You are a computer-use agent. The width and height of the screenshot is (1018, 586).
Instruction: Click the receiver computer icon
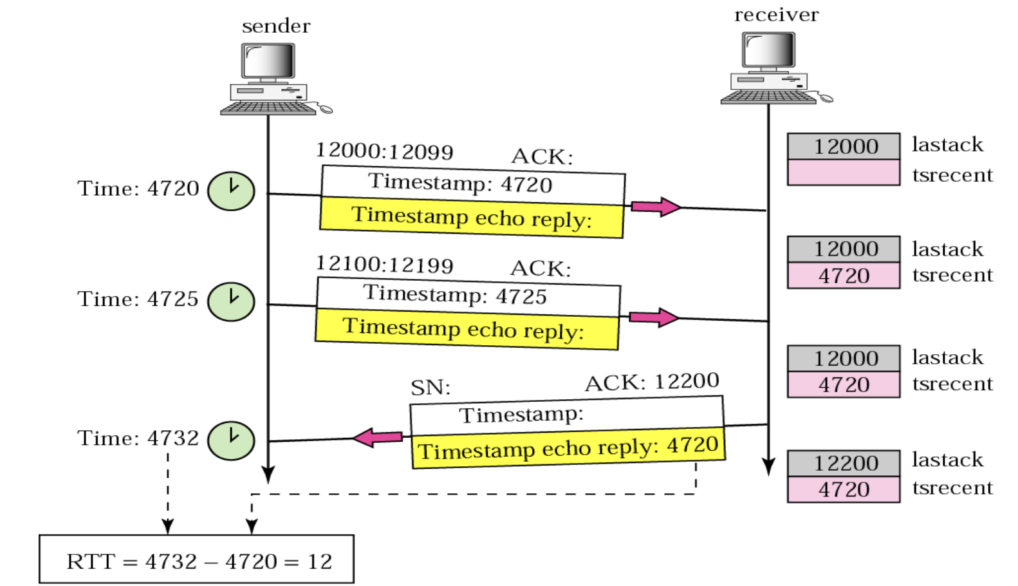772,68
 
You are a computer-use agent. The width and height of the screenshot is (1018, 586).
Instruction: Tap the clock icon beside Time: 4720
231,191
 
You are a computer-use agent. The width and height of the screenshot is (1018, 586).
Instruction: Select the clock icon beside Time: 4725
231,301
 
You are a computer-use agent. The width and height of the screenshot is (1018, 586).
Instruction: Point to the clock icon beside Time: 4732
231,440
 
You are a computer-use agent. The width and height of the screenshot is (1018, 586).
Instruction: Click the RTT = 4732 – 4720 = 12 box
196,560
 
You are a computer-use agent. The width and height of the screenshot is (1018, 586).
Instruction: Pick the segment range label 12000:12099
384,151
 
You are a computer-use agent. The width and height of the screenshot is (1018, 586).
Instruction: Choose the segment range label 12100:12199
384,264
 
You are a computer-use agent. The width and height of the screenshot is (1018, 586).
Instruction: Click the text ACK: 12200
651,382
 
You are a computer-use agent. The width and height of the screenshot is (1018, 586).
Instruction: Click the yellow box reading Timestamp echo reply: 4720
568,447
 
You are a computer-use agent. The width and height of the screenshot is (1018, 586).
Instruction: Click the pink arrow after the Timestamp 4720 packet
655,207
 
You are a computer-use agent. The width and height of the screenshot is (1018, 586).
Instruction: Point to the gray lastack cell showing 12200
843,463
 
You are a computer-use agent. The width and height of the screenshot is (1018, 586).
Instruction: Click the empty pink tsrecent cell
843,173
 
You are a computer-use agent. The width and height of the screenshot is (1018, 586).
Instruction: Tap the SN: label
430,388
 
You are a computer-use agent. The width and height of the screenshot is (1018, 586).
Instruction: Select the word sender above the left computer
275,26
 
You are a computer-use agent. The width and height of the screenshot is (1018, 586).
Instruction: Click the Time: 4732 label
138,438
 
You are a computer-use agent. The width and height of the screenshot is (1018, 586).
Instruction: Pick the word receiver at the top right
776,15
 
